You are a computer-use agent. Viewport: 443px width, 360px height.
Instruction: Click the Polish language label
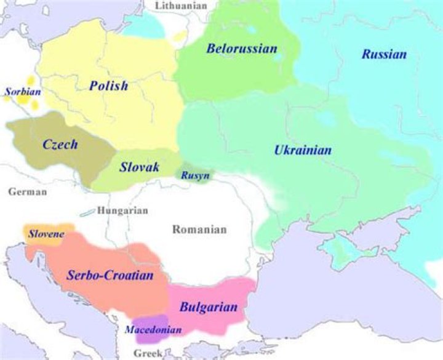(x=108, y=86)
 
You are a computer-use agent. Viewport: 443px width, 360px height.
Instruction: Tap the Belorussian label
(x=242, y=48)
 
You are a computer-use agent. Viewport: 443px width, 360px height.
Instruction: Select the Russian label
(x=384, y=54)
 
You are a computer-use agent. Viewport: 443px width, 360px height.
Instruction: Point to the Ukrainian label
(x=303, y=150)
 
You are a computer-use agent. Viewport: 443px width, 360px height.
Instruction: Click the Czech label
(x=60, y=145)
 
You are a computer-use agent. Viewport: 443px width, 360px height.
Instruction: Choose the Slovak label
(x=140, y=167)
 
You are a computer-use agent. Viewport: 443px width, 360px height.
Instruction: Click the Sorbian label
(x=22, y=92)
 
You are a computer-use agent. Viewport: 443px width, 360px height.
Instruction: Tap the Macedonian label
(x=153, y=330)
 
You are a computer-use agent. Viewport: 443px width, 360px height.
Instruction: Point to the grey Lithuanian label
(x=181, y=6)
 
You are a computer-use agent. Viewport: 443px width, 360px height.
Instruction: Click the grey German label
(x=28, y=191)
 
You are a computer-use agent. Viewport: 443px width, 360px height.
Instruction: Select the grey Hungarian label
(x=123, y=210)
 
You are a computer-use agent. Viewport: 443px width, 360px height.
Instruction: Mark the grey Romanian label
(x=199, y=230)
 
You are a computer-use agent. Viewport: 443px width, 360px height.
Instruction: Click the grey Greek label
(x=148, y=353)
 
